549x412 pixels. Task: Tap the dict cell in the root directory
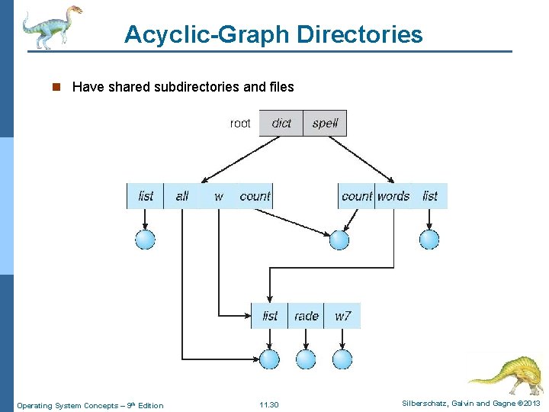coord(281,123)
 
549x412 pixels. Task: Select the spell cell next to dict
coord(325,123)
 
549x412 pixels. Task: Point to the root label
coord(240,123)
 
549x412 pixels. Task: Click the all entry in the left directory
coord(182,196)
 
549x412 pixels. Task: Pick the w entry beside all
coord(219,196)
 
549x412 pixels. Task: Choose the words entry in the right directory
coord(393,196)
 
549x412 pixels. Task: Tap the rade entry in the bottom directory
coord(306,315)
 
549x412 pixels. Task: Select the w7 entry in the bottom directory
coord(342,315)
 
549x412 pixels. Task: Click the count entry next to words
coord(357,196)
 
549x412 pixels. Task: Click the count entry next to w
coord(255,196)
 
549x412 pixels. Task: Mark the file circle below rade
coord(306,359)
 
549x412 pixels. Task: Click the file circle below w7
coord(342,359)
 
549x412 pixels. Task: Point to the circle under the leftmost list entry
coord(145,240)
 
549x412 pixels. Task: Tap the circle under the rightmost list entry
coord(429,240)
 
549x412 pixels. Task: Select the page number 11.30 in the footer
coord(269,405)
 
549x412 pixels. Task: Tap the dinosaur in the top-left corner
coord(50,26)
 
